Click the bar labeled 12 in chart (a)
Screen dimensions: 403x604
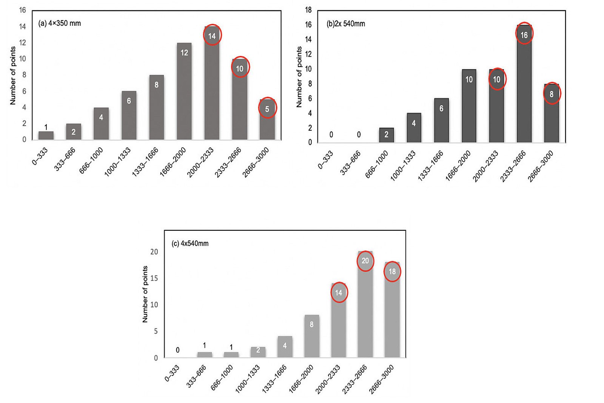(x=184, y=91)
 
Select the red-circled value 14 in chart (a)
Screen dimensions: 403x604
(x=212, y=36)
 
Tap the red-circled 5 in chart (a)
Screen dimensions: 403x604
(x=267, y=109)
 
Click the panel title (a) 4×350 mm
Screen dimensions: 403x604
(x=59, y=23)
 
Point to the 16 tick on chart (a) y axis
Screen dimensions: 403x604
(x=23, y=10)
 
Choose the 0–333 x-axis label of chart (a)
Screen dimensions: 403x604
(x=40, y=156)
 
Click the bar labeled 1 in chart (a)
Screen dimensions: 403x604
(x=46, y=135)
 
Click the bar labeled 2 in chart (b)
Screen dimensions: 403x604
(x=386, y=135)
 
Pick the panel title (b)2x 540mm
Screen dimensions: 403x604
(x=345, y=24)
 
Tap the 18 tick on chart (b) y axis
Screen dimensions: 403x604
(x=308, y=10)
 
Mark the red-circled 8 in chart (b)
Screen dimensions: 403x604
(x=552, y=94)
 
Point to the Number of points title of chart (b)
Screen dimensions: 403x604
(x=299, y=77)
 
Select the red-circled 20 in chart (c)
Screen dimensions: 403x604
(x=365, y=261)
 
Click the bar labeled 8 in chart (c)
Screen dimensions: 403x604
(x=311, y=336)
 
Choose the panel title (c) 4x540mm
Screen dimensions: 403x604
(x=190, y=244)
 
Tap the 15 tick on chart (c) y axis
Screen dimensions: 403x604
(x=154, y=278)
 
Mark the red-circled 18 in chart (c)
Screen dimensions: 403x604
(x=392, y=271)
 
